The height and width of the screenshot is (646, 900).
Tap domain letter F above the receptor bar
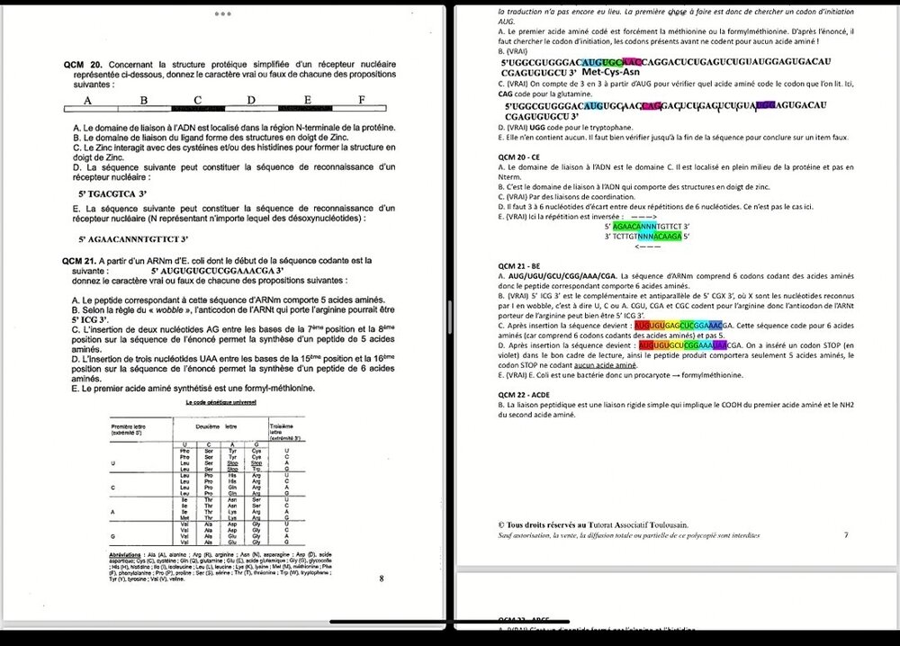point(360,99)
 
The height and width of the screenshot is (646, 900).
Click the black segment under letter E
point(306,108)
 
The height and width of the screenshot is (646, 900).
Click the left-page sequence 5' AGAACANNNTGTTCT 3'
point(133,239)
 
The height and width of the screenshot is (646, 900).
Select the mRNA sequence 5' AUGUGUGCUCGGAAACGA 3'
point(217,270)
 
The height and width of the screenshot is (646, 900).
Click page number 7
point(845,534)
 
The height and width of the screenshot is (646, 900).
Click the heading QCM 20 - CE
point(524,156)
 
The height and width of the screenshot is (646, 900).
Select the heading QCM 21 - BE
point(523,266)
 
